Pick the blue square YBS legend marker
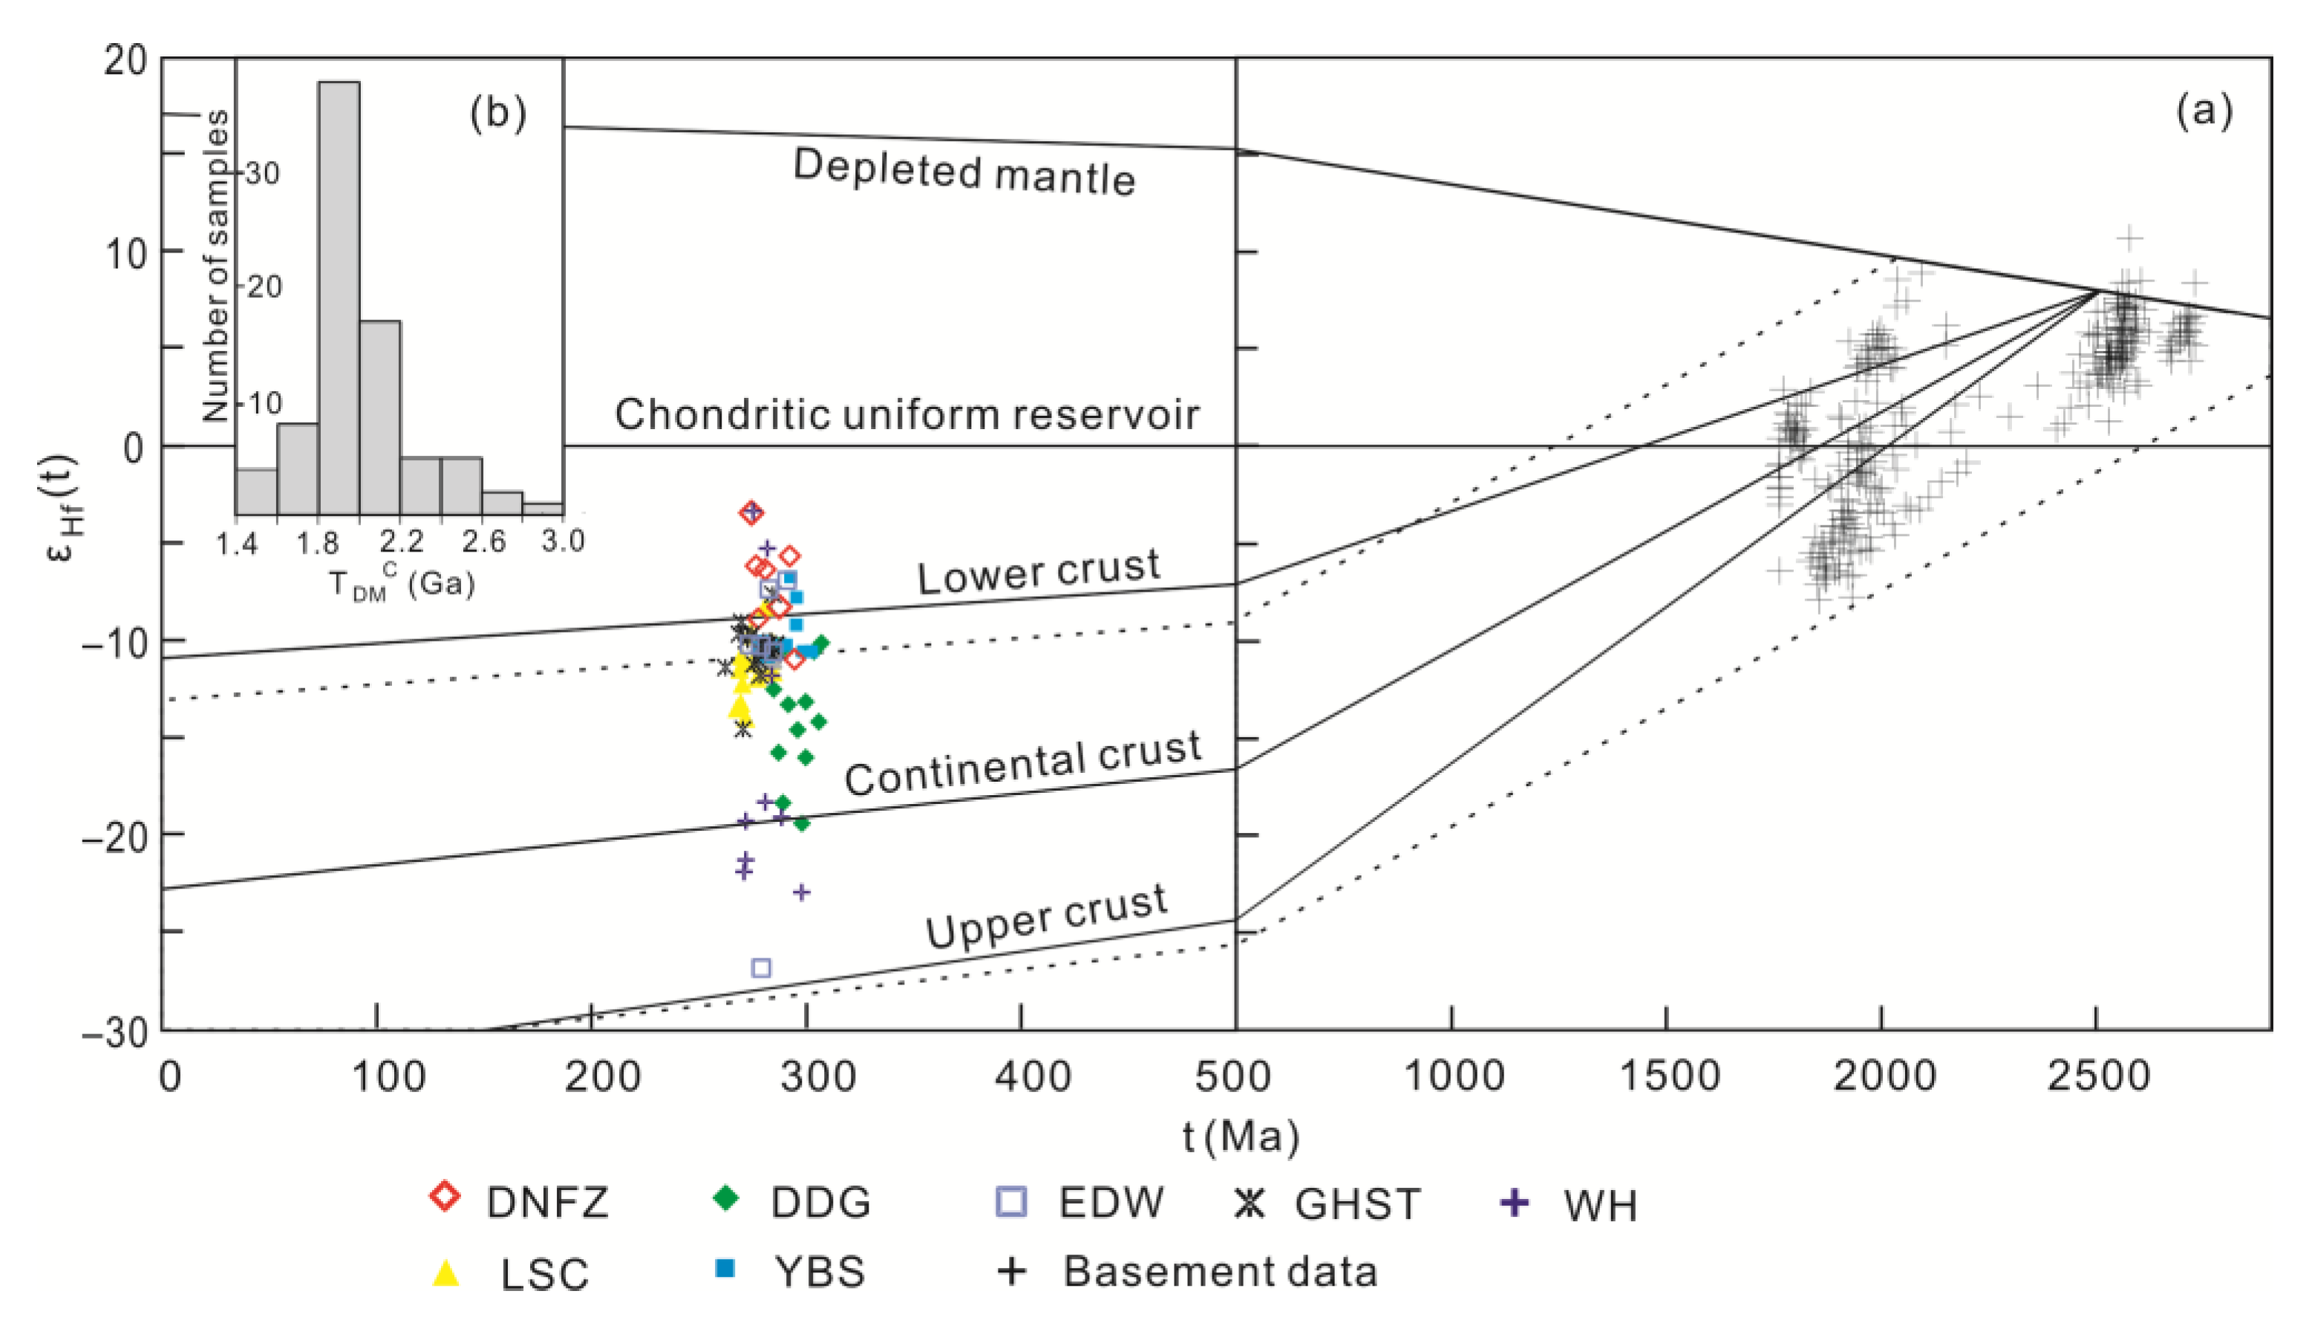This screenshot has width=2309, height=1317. tap(725, 1268)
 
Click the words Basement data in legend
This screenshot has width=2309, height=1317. tap(1219, 1271)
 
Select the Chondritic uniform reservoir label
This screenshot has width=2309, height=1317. tap(907, 414)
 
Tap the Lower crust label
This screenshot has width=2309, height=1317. tap(1037, 571)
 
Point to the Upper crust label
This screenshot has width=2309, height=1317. tap(1045, 916)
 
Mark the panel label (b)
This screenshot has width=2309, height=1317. tap(497, 114)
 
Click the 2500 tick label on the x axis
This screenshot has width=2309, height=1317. tap(2097, 1076)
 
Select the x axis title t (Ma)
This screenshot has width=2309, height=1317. tap(1241, 1135)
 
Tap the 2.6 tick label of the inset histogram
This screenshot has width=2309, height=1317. tap(484, 542)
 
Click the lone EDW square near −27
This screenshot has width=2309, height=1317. tap(762, 968)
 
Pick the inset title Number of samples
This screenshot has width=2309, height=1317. tap(215, 265)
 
